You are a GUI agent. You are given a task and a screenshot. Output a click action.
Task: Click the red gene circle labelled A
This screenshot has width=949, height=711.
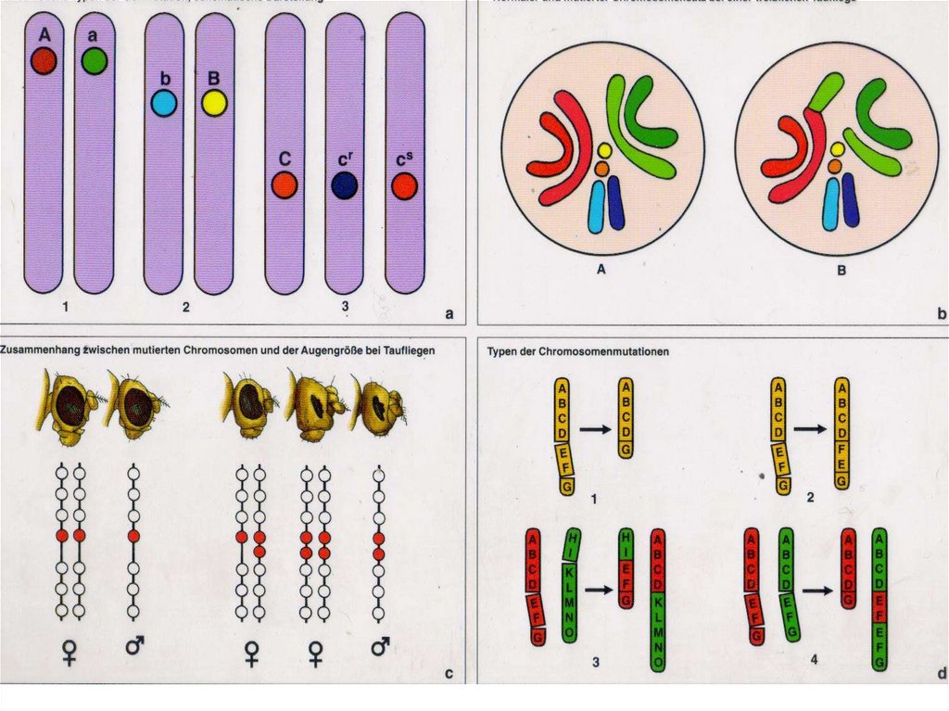tap(44, 61)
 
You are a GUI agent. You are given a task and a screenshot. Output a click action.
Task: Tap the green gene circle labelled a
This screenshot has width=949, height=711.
tap(94, 61)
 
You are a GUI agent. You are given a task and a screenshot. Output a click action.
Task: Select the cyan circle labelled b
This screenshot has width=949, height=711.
tap(163, 103)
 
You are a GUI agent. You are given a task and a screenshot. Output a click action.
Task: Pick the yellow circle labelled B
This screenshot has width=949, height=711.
tap(214, 103)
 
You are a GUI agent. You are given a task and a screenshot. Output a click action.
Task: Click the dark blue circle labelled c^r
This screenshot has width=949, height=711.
tap(344, 185)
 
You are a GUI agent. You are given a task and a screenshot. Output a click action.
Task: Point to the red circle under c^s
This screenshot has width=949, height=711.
tap(404, 185)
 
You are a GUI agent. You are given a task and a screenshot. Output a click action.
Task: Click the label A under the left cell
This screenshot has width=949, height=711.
tap(601, 271)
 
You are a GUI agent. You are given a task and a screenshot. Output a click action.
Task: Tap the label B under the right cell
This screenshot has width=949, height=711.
tap(840, 271)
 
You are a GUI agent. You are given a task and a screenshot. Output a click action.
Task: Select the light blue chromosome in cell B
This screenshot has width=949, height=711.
tap(830, 205)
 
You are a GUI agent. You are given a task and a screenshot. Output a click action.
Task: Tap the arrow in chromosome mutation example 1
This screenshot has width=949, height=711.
tap(594, 429)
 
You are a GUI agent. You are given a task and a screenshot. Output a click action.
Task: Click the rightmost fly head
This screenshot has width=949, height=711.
tap(379, 408)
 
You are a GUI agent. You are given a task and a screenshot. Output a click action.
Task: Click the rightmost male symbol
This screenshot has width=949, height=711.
tap(380, 646)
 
